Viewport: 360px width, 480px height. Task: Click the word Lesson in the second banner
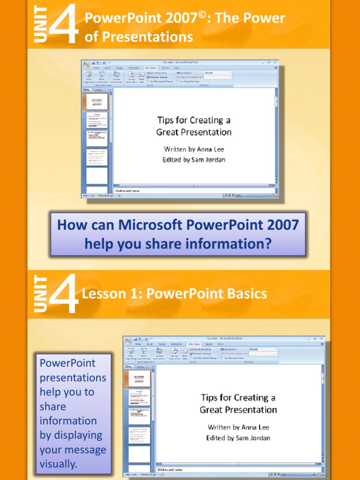pyautogui.click(x=102, y=294)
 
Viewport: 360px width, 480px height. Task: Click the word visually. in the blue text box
pyautogui.click(x=58, y=464)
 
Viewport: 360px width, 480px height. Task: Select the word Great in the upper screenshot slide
pyautogui.click(x=167, y=132)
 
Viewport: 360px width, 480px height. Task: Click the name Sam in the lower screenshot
pyautogui.click(x=240, y=438)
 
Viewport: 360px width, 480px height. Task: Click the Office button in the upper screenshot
pyautogui.click(x=86, y=64)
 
